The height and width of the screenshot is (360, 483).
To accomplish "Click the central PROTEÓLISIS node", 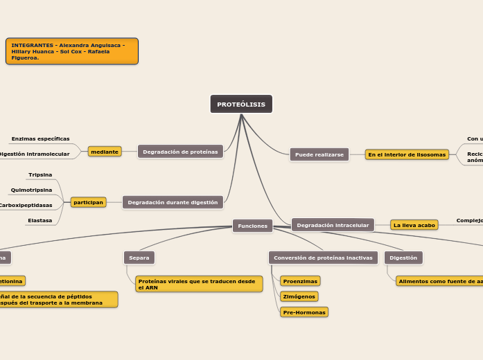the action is [241, 104].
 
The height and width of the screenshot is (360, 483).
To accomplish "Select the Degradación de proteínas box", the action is [180, 152].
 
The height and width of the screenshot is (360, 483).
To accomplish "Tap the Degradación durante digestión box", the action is [173, 202].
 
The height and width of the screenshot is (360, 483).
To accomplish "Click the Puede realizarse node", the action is [319, 154].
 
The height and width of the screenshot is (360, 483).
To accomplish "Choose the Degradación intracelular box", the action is [333, 225].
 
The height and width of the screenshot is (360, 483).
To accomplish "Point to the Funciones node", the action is [252, 226].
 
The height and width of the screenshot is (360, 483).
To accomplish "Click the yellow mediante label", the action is [105, 152].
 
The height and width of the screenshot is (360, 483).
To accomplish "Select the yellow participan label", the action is [89, 202].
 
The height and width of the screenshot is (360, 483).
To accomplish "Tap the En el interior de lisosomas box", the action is [407, 154].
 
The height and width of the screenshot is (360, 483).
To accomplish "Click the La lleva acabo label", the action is [414, 225].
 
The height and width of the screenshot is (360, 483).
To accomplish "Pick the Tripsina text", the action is [40, 174].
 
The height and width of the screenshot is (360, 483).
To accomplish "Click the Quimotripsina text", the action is [31, 190].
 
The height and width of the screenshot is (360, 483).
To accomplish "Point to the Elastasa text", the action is [39, 220].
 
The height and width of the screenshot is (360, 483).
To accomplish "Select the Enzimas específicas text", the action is [40, 138].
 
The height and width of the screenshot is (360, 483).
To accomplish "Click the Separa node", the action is [139, 258].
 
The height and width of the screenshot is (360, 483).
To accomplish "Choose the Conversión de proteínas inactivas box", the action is [323, 258].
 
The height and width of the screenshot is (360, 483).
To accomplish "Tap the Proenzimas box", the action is [300, 281].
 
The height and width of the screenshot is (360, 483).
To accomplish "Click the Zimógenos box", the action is [299, 296].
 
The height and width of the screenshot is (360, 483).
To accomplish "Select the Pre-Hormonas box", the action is [304, 312].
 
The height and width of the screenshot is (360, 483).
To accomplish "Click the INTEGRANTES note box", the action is [72, 51].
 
